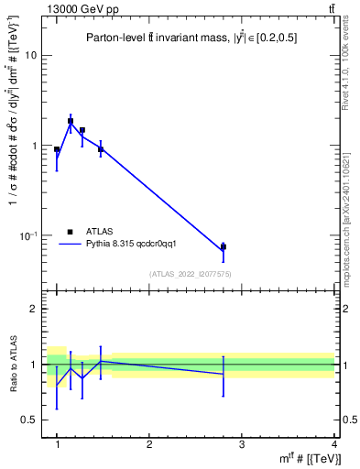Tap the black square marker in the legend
[x=71, y=232]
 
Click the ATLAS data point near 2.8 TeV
[x=224, y=246]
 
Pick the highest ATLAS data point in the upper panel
[x=71, y=121]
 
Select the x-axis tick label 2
[x=149, y=444]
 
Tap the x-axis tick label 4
[x=334, y=444]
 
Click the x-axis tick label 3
[x=242, y=444]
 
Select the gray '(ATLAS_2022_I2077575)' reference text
[x=191, y=274]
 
